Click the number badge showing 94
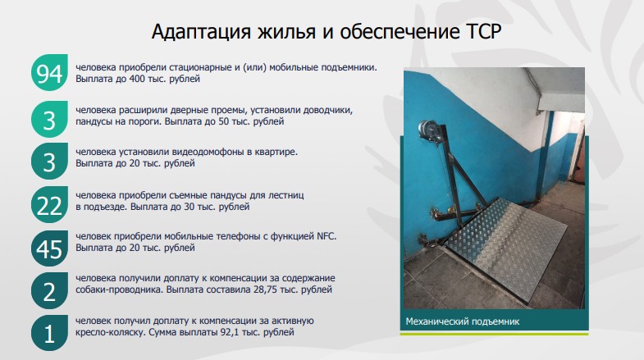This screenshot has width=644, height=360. click(x=50, y=75)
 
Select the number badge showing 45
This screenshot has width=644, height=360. click(x=50, y=248)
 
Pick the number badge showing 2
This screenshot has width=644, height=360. click(x=50, y=291)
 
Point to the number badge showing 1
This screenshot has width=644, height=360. click(x=50, y=334)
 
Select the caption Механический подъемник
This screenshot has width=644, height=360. click(x=463, y=321)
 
